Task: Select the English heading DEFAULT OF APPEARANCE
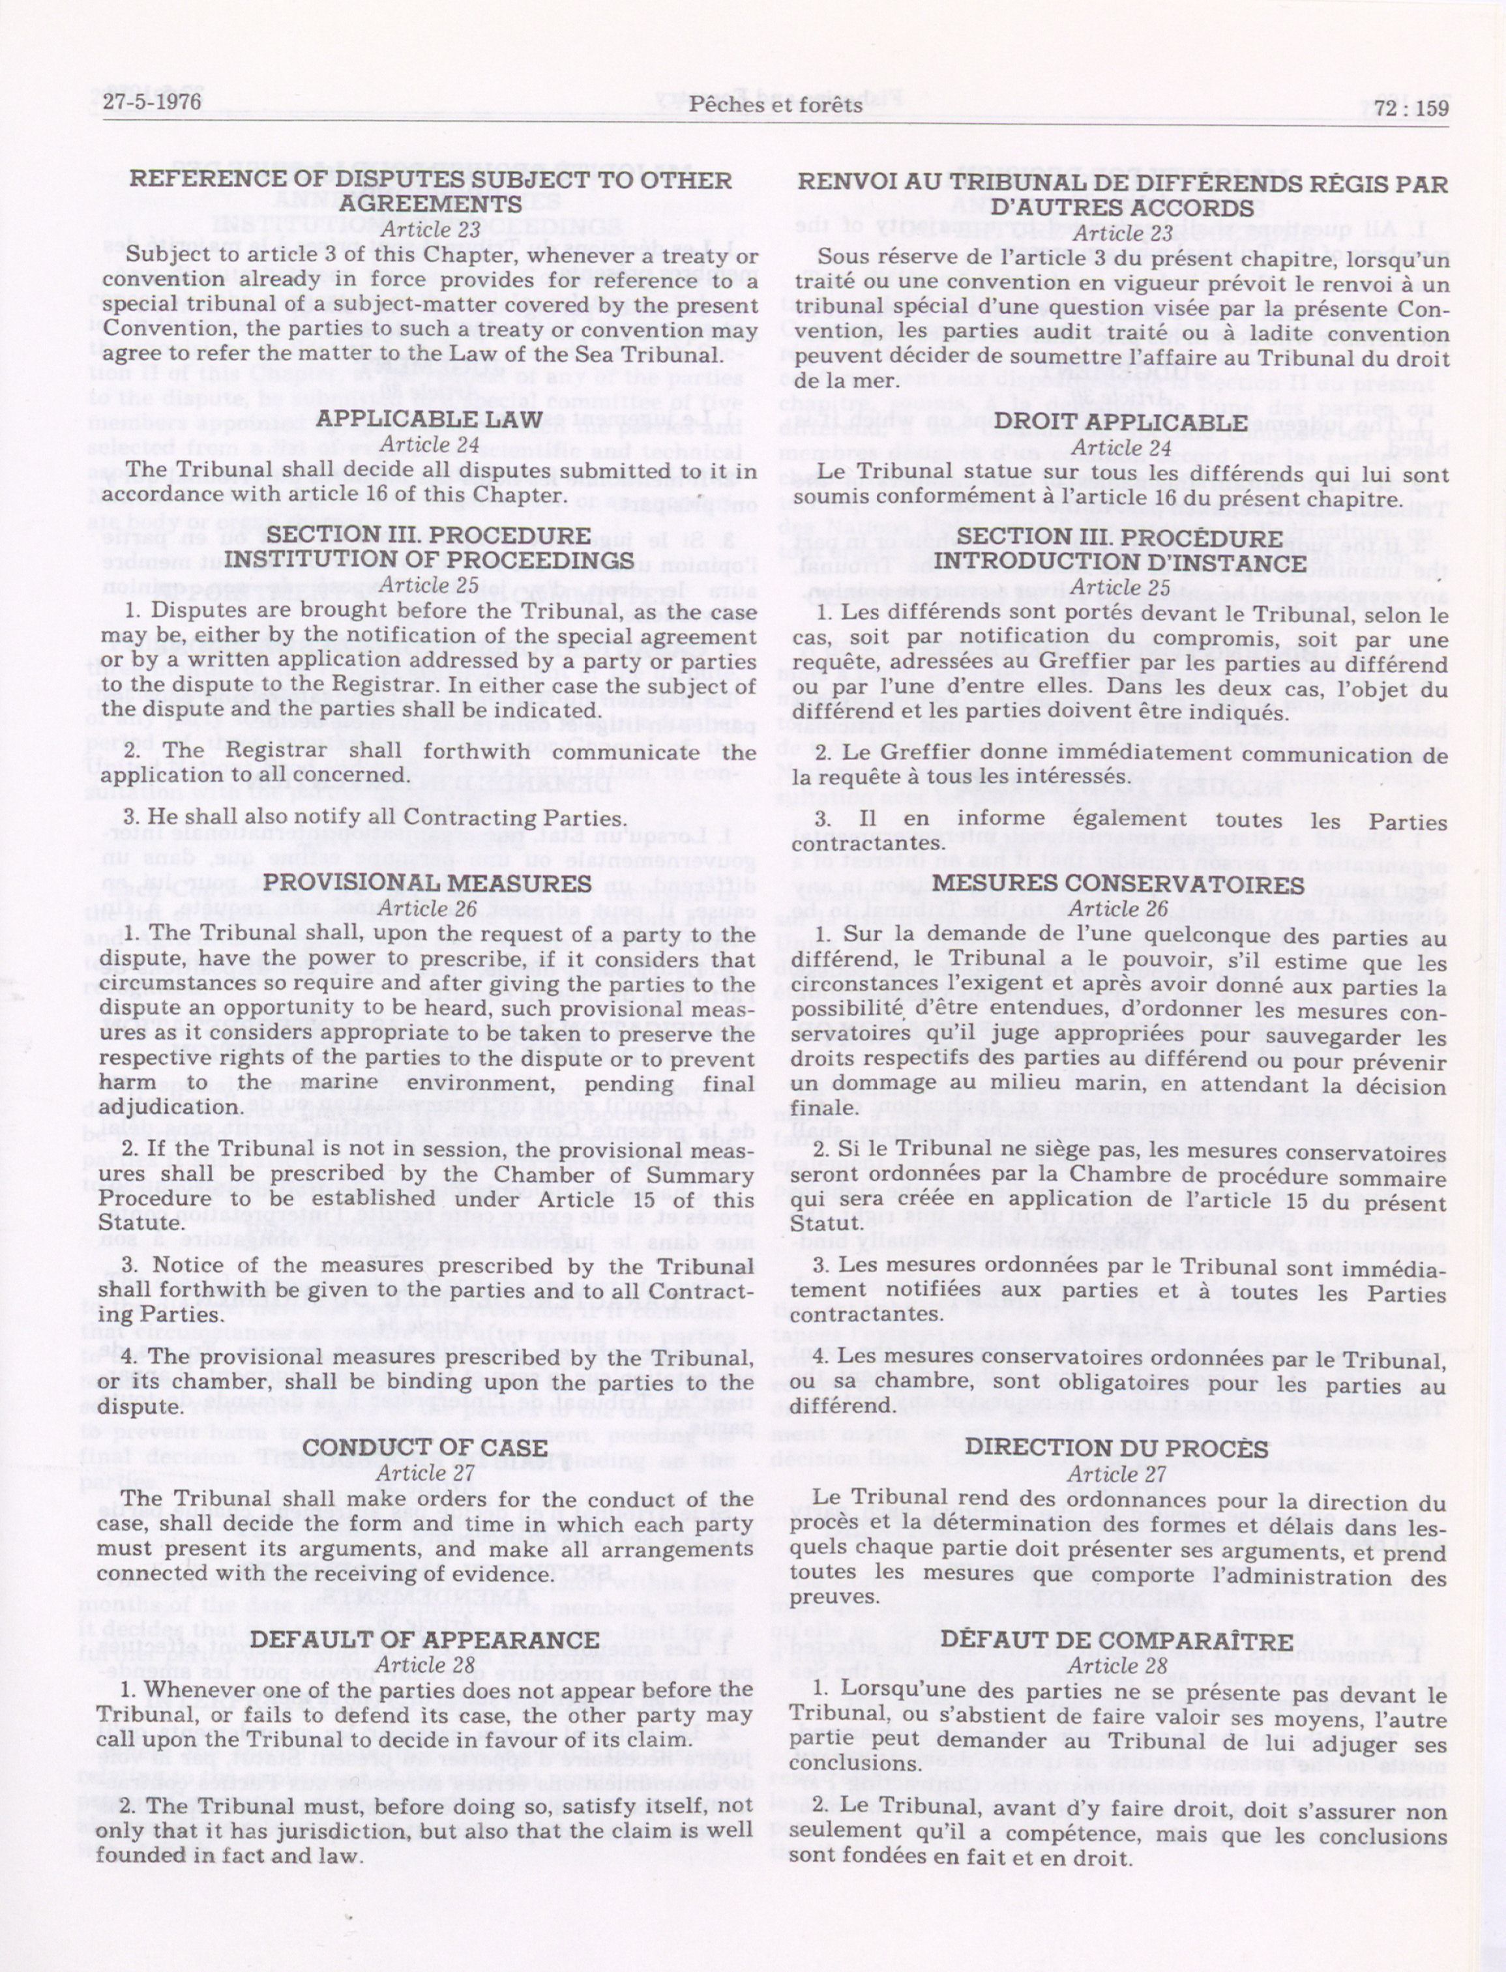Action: [x=425, y=1640]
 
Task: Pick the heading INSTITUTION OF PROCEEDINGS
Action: [x=428, y=559]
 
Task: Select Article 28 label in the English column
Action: [x=426, y=1664]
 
